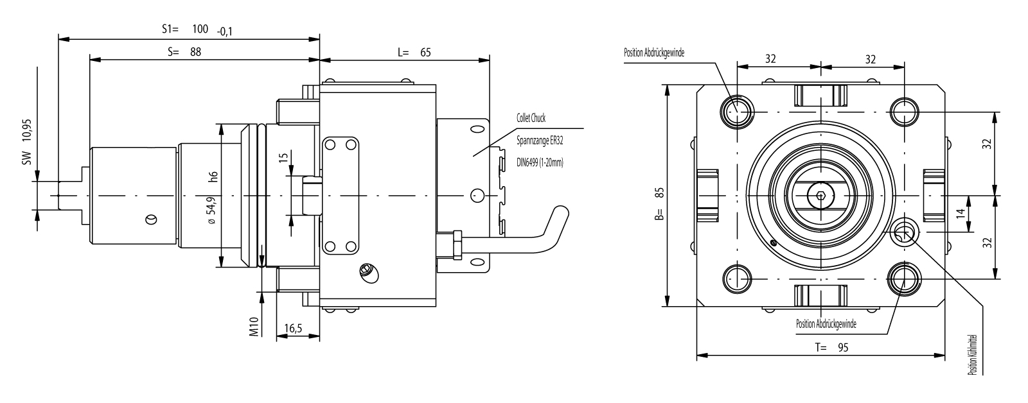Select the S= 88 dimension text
184,52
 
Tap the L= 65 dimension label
414,52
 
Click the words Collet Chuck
531,119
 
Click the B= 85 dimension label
657,203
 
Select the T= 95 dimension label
832,348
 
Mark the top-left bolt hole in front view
736,110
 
